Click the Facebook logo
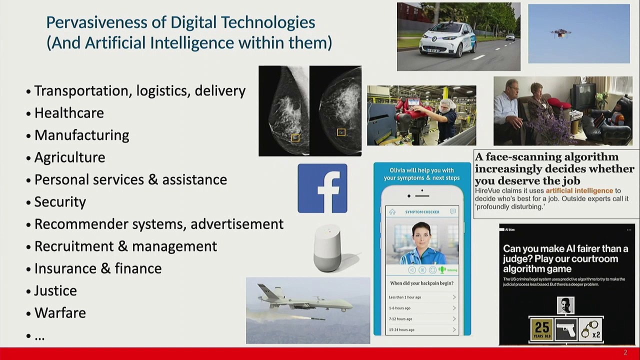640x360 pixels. point(322,188)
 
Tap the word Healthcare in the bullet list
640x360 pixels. point(69,113)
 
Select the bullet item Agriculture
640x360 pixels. point(69,157)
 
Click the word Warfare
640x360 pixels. point(60,313)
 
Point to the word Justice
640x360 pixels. point(55,290)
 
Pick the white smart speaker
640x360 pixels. point(327,248)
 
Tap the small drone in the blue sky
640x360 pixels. point(560,33)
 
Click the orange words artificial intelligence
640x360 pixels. point(579,190)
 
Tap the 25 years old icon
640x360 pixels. point(541,330)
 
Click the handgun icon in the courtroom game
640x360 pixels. point(566,330)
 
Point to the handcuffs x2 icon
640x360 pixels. point(590,330)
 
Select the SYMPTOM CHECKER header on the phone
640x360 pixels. point(422,212)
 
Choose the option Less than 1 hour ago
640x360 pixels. point(405,297)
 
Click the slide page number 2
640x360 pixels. point(625,353)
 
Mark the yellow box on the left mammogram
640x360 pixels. point(295,137)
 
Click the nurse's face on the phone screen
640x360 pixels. point(421,235)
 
